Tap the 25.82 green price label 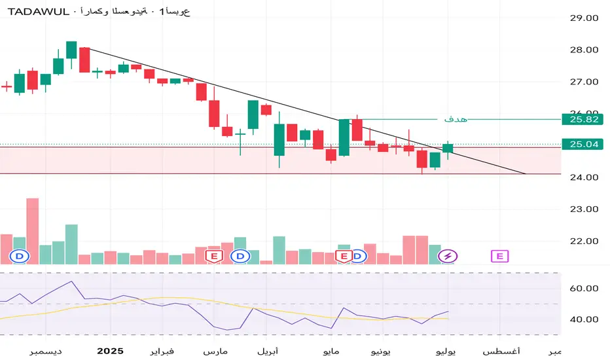(584, 120)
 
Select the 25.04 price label (584, 145)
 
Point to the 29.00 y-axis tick (584, 18)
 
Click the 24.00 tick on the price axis (584, 177)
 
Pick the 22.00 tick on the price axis (584, 241)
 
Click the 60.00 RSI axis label (584, 288)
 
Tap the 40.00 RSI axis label (584, 319)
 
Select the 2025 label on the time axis (109, 350)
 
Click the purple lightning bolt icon (448, 256)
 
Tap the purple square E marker (500, 256)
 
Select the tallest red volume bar (32, 230)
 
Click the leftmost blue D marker (20, 256)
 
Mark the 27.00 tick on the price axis (584, 82)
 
